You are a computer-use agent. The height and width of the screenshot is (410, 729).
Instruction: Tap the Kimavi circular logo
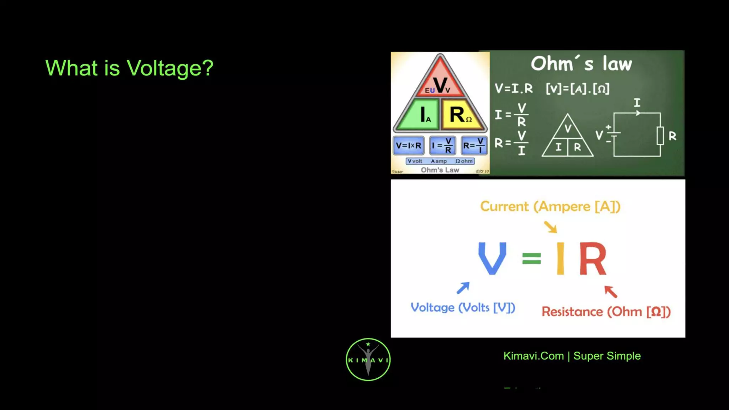coord(368,359)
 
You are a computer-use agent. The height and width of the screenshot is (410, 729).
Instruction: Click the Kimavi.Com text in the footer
coord(533,356)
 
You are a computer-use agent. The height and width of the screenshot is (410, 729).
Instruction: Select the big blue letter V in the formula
coord(492,258)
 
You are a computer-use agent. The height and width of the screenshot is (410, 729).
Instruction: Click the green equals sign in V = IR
coord(531,258)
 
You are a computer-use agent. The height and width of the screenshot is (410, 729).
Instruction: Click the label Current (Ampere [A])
coord(550,206)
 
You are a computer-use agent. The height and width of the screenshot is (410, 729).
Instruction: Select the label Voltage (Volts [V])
coord(463,307)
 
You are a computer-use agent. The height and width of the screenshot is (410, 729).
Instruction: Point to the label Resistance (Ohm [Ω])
coord(606,312)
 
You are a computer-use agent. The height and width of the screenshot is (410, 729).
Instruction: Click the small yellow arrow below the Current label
coord(551,227)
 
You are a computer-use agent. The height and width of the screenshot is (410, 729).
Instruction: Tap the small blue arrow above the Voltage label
coord(463,288)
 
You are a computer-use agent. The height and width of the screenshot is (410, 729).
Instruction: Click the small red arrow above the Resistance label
coord(610,291)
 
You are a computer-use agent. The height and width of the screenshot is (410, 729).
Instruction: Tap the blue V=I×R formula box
coord(408,146)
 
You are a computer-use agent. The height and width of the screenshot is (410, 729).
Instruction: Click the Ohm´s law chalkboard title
coord(581,64)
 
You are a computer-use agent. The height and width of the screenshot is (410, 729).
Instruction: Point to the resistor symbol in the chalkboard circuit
coord(660,135)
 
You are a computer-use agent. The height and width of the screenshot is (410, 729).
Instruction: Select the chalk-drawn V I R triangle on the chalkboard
coord(568,137)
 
